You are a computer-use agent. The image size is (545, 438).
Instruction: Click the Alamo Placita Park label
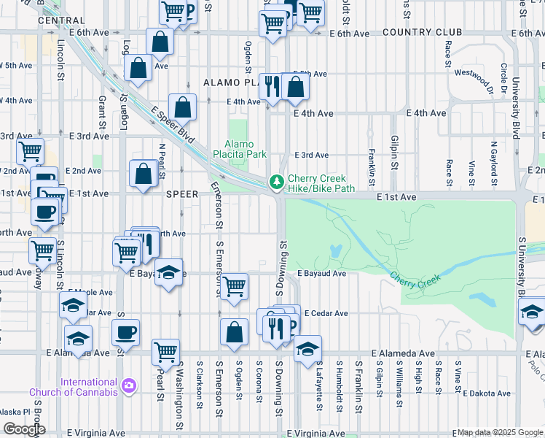[x=239, y=149]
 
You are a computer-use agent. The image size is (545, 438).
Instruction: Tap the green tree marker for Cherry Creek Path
[x=277, y=182]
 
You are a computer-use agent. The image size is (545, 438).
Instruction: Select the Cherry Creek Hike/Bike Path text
[x=321, y=183]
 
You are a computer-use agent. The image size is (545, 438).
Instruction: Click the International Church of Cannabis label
[x=74, y=387]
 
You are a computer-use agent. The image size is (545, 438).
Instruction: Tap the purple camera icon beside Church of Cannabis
[x=129, y=385]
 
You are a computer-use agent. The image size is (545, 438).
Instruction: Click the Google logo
[x=24, y=429]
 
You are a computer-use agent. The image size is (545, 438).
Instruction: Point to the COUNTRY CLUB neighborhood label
[x=422, y=33]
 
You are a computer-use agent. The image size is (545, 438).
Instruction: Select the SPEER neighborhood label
[x=182, y=195]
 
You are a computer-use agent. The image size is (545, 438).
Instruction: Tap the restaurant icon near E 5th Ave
[x=271, y=86]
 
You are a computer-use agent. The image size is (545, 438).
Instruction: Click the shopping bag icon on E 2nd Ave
[x=143, y=174]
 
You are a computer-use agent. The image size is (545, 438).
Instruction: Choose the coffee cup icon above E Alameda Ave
[x=125, y=332]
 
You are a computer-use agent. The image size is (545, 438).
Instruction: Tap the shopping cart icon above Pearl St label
[x=166, y=352]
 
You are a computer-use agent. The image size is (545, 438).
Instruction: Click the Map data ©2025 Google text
[x=499, y=432]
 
